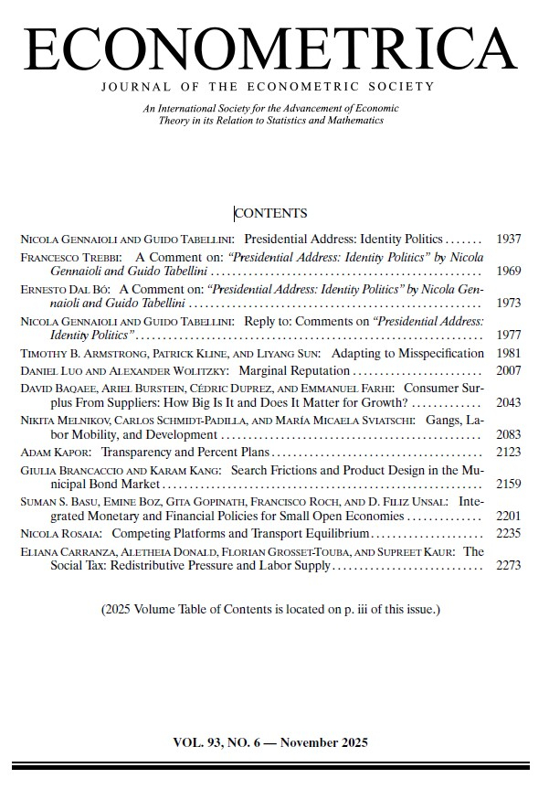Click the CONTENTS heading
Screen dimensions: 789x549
pyautogui.click(x=270, y=214)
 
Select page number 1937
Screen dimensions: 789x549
pyautogui.click(x=508, y=240)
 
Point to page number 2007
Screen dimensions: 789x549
pyautogui.click(x=508, y=371)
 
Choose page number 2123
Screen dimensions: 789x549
pyautogui.click(x=508, y=453)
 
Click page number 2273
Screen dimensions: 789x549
pyautogui.click(x=508, y=566)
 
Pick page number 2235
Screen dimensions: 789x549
pyautogui.click(x=508, y=534)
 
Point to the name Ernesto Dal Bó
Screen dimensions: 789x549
pyautogui.click(x=64, y=290)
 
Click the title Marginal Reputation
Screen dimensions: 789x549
pyautogui.click(x=294, y=371)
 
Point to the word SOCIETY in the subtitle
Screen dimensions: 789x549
pyautogui.click(x=397, y=87)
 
